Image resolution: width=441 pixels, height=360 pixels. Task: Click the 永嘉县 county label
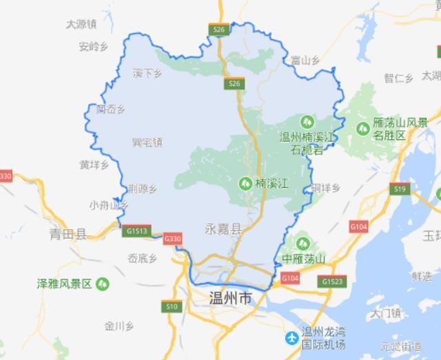pyautogui.click(x=223, y=229)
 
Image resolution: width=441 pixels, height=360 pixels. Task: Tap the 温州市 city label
pyautogui.click(x=231, y=299)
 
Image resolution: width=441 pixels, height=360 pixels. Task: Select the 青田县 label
pyautogui.click(x=67, y=234)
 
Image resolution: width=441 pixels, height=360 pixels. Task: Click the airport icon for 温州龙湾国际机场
pyautogui.click(x=292, y=338)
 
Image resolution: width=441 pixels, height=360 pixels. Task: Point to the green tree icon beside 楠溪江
pyautogui.click(x=245, y=183)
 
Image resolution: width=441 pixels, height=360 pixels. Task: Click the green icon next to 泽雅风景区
pyautogui.click(x=103, y=283)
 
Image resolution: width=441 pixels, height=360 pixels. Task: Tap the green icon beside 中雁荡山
pyautogui.click(x=300, y=242)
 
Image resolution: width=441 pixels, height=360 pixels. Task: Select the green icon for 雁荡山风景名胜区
pyautogui.click(x=362, y=127)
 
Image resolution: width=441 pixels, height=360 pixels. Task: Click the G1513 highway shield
pyautogui.click(x=137, y=231)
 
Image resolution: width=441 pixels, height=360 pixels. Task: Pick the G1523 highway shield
pyautogui.click(x=331, y=281)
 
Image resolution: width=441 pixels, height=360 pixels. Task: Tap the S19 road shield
pyautogui.click(x=399, y=187)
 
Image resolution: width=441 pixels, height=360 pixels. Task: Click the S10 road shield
pyautogui.click(x=171, y=305)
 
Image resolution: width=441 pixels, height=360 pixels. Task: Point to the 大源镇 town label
pyautogui.click(x=80, y=24)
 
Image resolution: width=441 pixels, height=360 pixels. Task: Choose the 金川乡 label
pyautogui.click(x=118, y=326)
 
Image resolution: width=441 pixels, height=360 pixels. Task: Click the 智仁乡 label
pyautogui.click(x=399, y=78)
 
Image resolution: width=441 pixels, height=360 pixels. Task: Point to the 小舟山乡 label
pyautogui.click(x=109, y=204)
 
